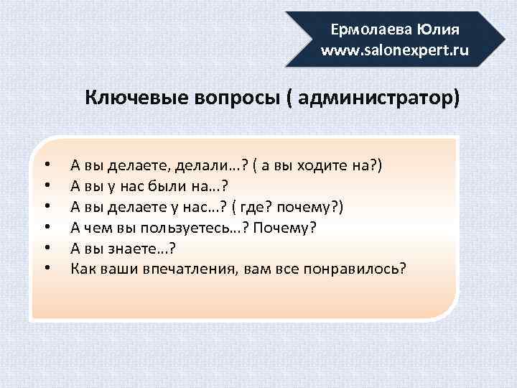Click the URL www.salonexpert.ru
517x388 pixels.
(x=394, y=51)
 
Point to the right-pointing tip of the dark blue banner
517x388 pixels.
(x=503, y=40)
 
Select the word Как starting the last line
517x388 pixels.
(x=81, y=269)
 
